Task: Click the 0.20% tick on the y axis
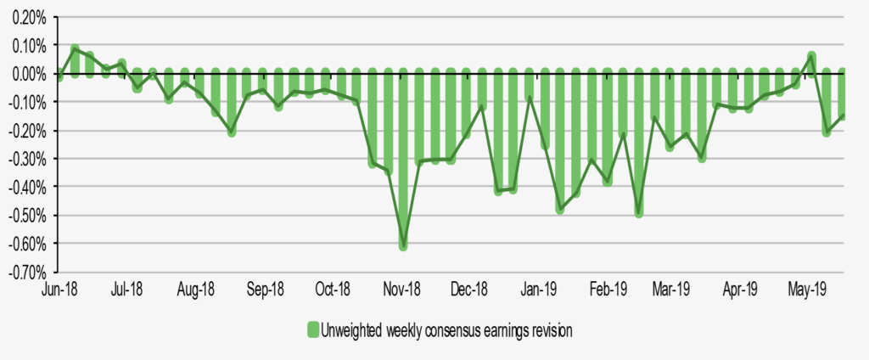pyautogui.click(x=29, y=17)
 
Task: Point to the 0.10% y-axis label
pyautogui.click(x=29, y=45)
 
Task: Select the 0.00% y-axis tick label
pyautogui.click(x=29, y=74)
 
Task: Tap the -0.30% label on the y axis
pyautogui.click(x=27, y=159)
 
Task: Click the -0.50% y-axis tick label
pyautogui.click(x=27, y=216)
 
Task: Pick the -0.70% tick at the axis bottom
pyautogui.click(x=27, y=273)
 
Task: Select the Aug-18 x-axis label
pyautogui.click(x=195, y=290)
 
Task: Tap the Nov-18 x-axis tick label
pyautogui.click(x=402, y=290)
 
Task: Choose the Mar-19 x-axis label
pyautogui.click(x=671, y=290)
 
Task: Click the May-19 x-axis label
pyautogui.click(x=809, y=290)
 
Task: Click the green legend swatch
pyautogui.click(x=311, y=330)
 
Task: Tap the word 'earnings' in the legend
pyautogui.click(x=479, y=330)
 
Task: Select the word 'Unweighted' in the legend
pyautogui.click(x=349, y=330)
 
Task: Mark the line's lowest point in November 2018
pyautogui.click(x=403, y=246)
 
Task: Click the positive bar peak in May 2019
pyautogui.click(x=811, y=65)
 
